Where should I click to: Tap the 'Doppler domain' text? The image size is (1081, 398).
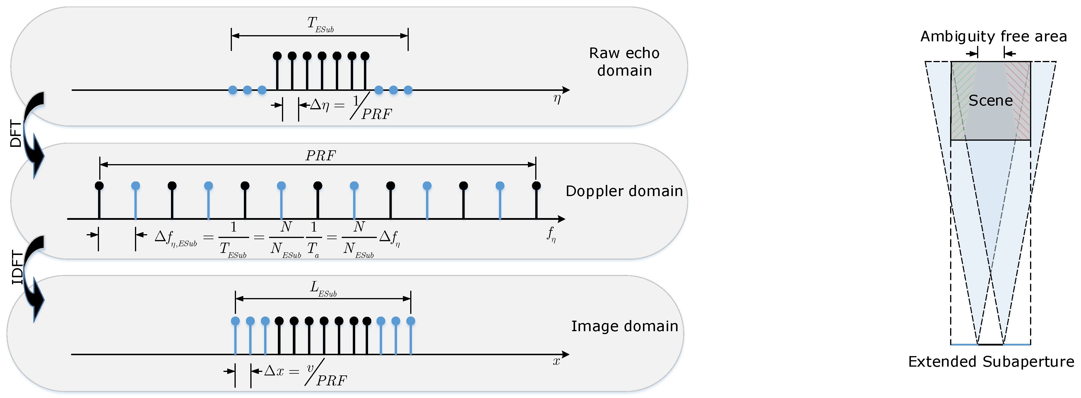coord(624,191)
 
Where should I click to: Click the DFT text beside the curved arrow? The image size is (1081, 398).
coord(16,134)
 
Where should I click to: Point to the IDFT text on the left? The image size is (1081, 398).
coord(17,267)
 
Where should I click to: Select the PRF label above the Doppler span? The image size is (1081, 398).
coord(320,156)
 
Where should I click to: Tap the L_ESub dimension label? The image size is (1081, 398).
coord(323,289)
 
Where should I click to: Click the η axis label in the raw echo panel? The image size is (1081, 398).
coord(557,99)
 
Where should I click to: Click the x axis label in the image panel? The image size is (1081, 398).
coord(556,361)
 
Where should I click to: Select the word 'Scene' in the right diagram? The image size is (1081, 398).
coord(990,101)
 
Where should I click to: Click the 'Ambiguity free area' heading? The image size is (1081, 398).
coord(993,37)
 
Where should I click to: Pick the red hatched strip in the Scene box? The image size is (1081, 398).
coord(1022,101)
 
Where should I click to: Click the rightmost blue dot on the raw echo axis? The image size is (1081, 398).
coord(408,90)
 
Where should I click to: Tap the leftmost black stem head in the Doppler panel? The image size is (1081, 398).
coord(99,186)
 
